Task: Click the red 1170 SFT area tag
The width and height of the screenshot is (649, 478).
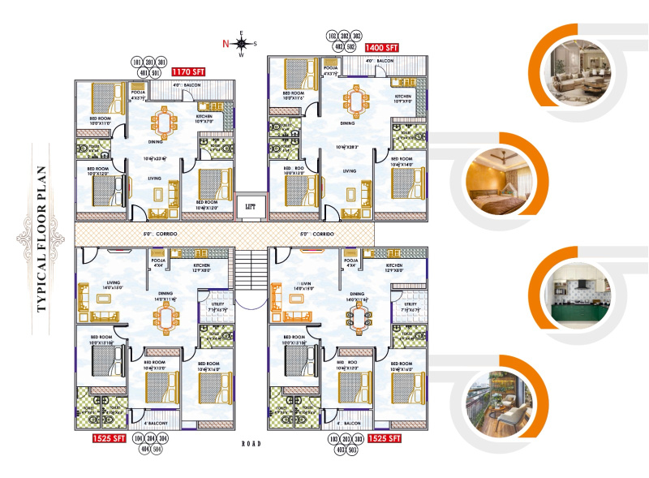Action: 188,71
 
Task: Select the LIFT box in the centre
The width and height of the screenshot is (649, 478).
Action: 251,206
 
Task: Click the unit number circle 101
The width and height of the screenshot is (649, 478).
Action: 136,62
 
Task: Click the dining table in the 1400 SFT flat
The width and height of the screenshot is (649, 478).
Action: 355,101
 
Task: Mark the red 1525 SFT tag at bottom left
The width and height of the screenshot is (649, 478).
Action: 109,439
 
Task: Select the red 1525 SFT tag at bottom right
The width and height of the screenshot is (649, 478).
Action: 385,438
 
